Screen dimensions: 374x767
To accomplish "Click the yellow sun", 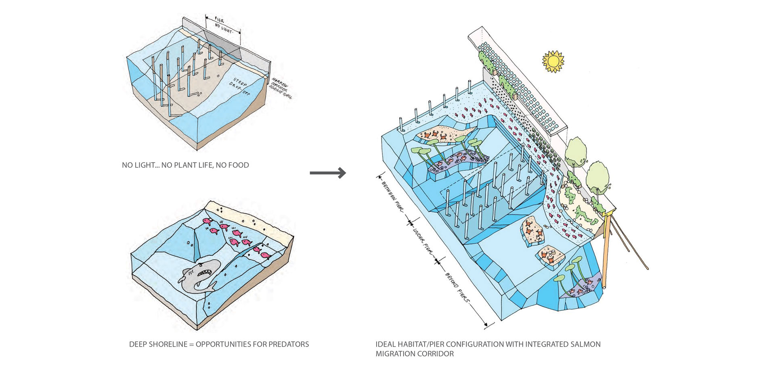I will point(553,61).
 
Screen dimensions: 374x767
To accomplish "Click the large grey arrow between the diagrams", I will point(328,173).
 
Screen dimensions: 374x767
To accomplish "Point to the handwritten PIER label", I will point(219,20).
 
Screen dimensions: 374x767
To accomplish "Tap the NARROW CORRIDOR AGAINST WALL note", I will point(282,88).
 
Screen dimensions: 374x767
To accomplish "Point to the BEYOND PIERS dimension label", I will point(458,288).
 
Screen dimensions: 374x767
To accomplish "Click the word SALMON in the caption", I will point(585,344).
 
